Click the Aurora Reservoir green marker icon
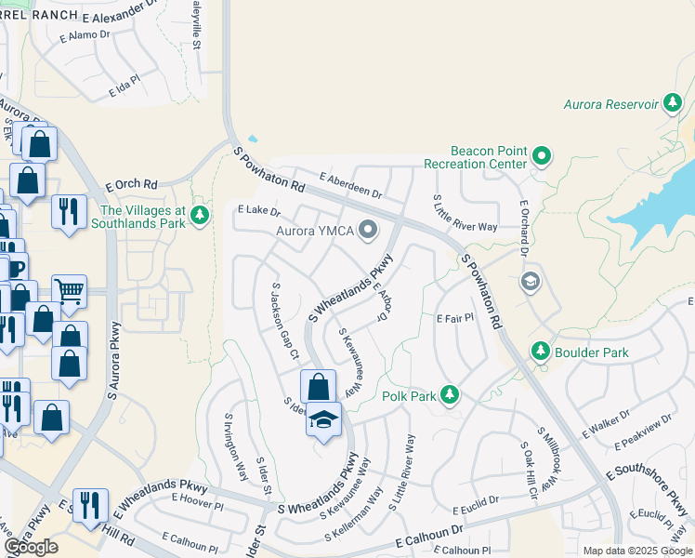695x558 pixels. [673, 103]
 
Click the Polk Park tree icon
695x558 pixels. [449, 395]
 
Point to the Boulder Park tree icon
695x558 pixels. [540, 352]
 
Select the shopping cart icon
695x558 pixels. [70, 291]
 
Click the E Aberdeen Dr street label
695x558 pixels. [350, 185]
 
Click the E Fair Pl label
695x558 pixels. [455, 318]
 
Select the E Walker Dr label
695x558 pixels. [606, 423]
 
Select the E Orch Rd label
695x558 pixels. [132, 183]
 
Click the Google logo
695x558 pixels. [32, 547]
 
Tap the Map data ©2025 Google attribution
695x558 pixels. [636, 551]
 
